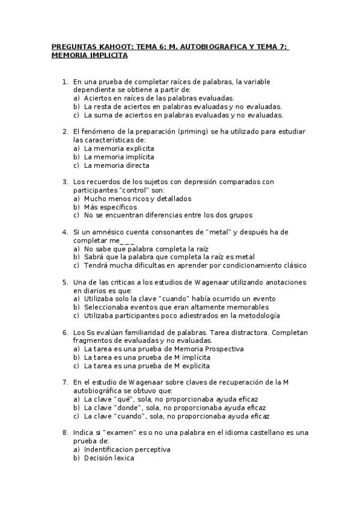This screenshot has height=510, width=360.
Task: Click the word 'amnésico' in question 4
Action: [x=109, y=232]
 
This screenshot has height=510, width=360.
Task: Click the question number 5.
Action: [x=65, y=282]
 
